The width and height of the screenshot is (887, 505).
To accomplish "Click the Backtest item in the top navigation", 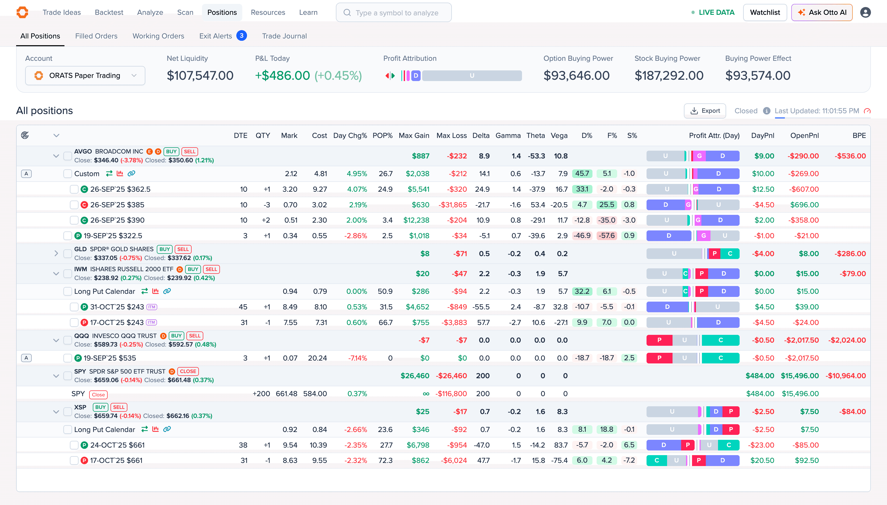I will [109, 12].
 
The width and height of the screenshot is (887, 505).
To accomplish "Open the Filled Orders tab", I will [96, 36].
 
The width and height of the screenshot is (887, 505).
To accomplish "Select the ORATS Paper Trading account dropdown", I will [85, 76].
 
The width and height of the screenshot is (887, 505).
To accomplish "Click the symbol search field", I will [394, 13].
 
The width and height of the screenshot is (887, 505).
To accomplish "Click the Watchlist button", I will [765, 12].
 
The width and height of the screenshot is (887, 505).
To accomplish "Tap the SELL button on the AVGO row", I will [190, 151].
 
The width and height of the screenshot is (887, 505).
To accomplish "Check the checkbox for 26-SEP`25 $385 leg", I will [74, 205].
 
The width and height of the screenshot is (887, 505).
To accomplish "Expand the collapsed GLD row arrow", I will [56, 254].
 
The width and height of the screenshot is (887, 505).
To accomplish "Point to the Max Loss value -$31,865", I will [453, 205].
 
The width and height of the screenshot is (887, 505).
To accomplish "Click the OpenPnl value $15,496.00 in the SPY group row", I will [800, 376].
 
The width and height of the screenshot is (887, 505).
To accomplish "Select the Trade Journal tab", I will [284, 36].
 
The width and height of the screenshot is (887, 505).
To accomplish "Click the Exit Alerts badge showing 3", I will [242, 36].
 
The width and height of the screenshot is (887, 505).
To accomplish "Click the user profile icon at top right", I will [865, 12].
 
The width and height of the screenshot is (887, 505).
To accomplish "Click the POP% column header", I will [382, 136].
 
